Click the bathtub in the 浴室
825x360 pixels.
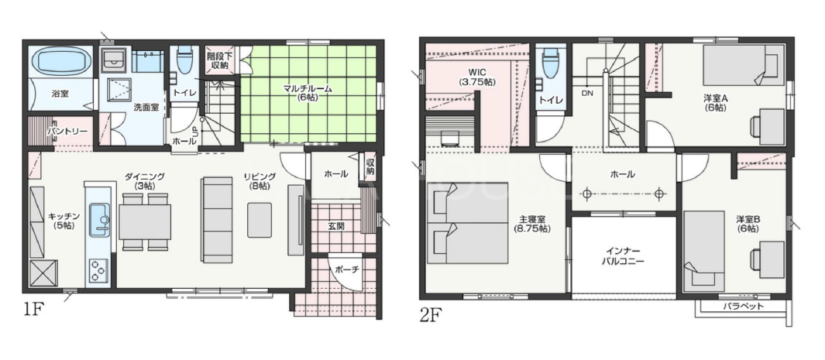pyautogui.click(x=59, y=61)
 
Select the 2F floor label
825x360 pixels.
pyautogui.click(x=430, y=315)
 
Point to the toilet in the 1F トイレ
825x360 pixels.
pyautogui.click(x=184, y=60)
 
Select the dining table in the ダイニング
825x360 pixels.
pyautogui.click(x=145, y=221)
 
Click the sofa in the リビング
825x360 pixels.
pyautogui.click(x=218, y=220)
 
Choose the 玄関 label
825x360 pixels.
pyautogui.click(x=336, y=226)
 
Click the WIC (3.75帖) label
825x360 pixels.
pyautogui.click(x=476, y=77)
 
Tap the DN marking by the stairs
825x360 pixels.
pyautogui.click(x=587, y=94)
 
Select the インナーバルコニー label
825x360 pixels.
pyautogui.click(x=624, y=255)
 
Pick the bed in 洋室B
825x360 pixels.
pyautogui.click(x=704, y=251)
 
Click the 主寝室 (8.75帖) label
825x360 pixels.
pyautogui.click(x=532, y=225)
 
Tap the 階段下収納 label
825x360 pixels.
pyautogui.click(x=216, y=60)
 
